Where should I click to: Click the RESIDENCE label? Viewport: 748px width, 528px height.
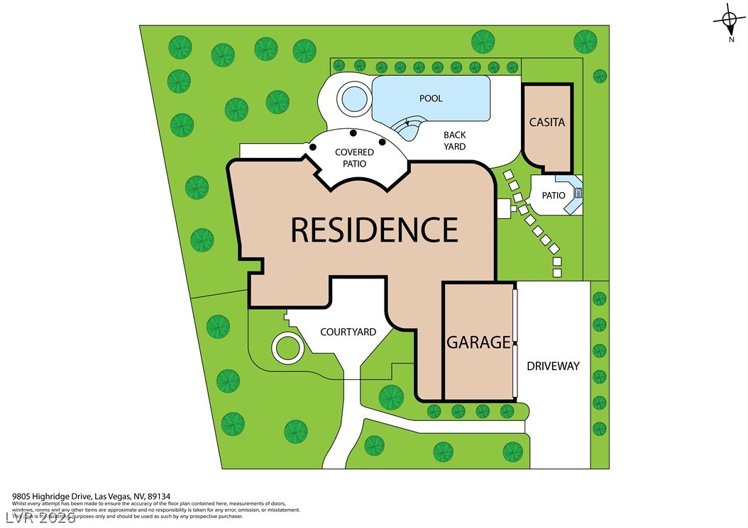(374, 230)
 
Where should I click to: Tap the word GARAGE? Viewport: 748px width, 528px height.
(478, 342)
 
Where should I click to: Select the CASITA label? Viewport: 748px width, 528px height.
(547, 122)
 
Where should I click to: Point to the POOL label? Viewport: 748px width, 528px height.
(431, 99)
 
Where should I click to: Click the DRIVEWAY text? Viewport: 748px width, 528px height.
(553, 366)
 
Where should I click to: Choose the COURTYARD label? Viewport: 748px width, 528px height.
(348, 332)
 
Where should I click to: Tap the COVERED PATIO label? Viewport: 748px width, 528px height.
(354, 158)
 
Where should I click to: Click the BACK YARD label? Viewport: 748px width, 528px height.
(455, 140)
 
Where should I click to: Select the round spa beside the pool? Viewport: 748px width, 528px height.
(352, 99)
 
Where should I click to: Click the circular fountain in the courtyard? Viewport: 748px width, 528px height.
(288, 349)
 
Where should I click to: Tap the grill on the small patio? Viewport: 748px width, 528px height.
(578, 192)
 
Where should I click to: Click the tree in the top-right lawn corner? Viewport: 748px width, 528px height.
(585, 40)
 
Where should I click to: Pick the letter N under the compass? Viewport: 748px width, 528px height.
(731, 40)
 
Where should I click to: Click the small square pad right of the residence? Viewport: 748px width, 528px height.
(504, 209)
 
